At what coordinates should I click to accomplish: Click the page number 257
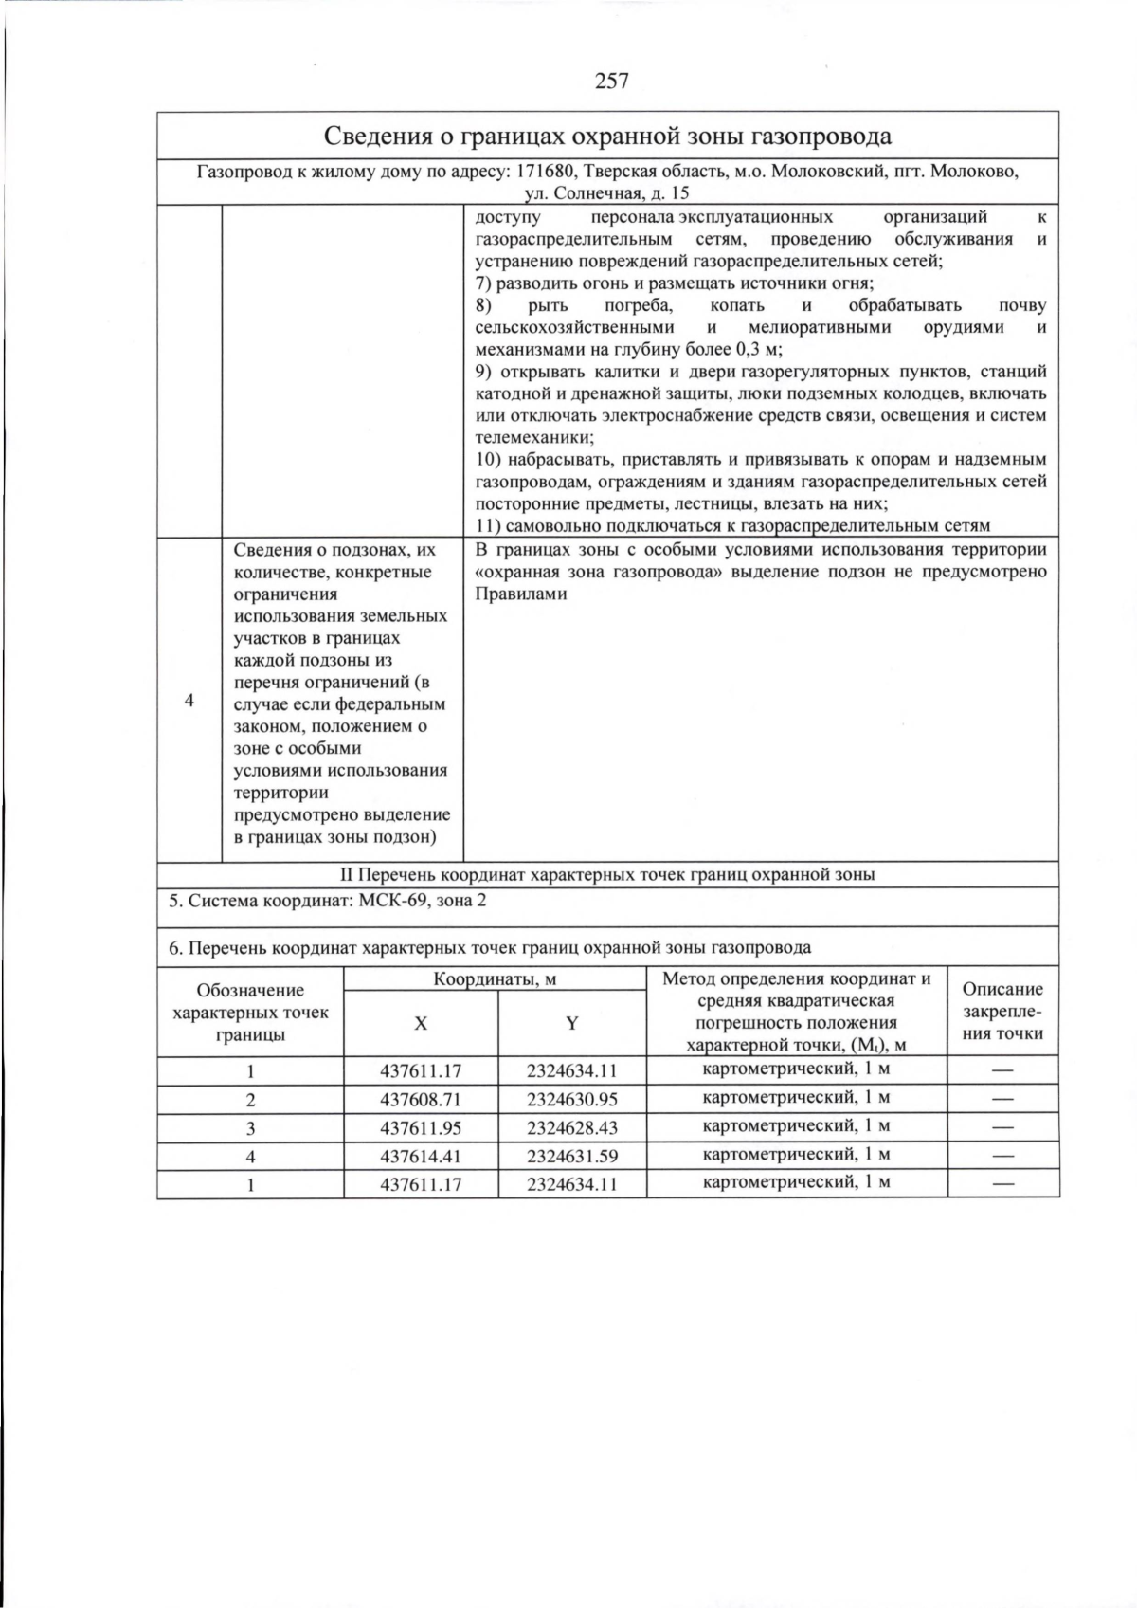tap(611, 82)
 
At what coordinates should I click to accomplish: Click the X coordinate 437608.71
tap(421, 1100)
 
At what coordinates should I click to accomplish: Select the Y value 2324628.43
tap(571, 1128)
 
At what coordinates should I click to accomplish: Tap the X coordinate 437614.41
tap(421, 1157)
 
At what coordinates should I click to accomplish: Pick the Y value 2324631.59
tap(571, 1157)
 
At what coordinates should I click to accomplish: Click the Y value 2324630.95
tap(571, 1100)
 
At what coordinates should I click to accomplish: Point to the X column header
tap(421, 1024)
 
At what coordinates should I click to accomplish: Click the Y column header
tap(571, 1024)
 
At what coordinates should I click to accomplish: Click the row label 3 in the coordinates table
tap(250, 1128)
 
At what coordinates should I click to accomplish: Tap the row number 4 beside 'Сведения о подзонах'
tap(189, 701)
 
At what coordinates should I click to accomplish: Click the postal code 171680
tap(544, 173)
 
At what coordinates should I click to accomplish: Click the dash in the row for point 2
tap(1002, 1100)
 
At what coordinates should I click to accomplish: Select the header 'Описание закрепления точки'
tap(1002, 1011)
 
